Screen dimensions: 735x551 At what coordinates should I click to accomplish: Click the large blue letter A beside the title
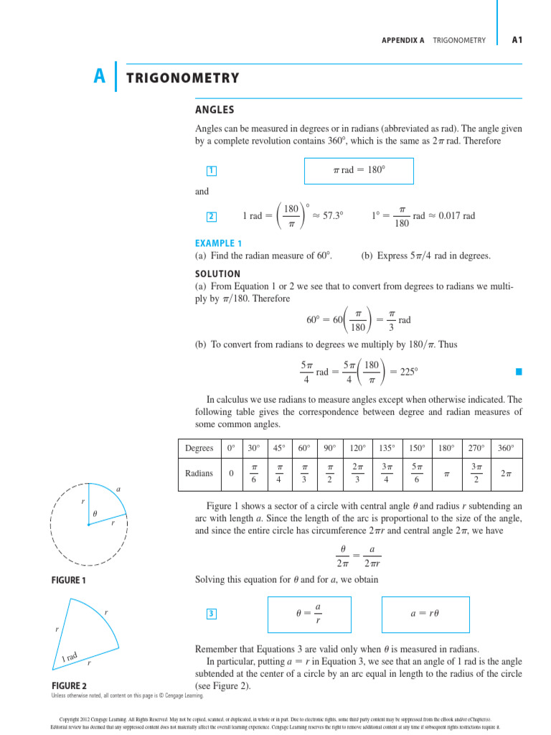coord(100,76)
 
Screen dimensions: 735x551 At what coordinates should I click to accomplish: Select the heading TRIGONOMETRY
coord(182,78)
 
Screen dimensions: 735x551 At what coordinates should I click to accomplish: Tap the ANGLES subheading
coord(215,110)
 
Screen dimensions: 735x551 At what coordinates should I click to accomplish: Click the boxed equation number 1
coord(211,171)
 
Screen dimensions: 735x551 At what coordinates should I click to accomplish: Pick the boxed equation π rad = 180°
coord(359,170)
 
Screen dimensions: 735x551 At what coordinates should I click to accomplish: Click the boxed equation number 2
coord(211,216)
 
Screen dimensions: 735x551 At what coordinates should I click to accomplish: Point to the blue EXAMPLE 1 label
coord(218,243)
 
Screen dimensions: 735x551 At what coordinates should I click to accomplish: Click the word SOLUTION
coord(217,273)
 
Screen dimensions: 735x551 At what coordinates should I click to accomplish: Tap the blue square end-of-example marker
coord(518,372)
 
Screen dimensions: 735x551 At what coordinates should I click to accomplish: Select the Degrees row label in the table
coord(199,449)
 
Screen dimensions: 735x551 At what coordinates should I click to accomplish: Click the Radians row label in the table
coord(199,474)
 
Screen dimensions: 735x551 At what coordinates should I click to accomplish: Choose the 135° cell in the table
coord(387,449)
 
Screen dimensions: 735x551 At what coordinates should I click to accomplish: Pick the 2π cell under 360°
coord(506,474)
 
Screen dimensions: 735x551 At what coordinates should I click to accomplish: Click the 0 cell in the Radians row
coord(231,474)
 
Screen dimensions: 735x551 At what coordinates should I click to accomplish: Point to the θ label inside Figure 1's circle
coord(94,514)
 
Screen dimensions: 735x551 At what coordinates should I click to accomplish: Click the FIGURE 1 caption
coord(68,579)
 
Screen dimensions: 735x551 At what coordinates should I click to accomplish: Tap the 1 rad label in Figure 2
coord(70,657)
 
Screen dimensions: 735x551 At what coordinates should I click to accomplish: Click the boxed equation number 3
coord(211,613)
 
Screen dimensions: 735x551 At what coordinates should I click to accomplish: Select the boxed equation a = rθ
coord(424,614)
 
